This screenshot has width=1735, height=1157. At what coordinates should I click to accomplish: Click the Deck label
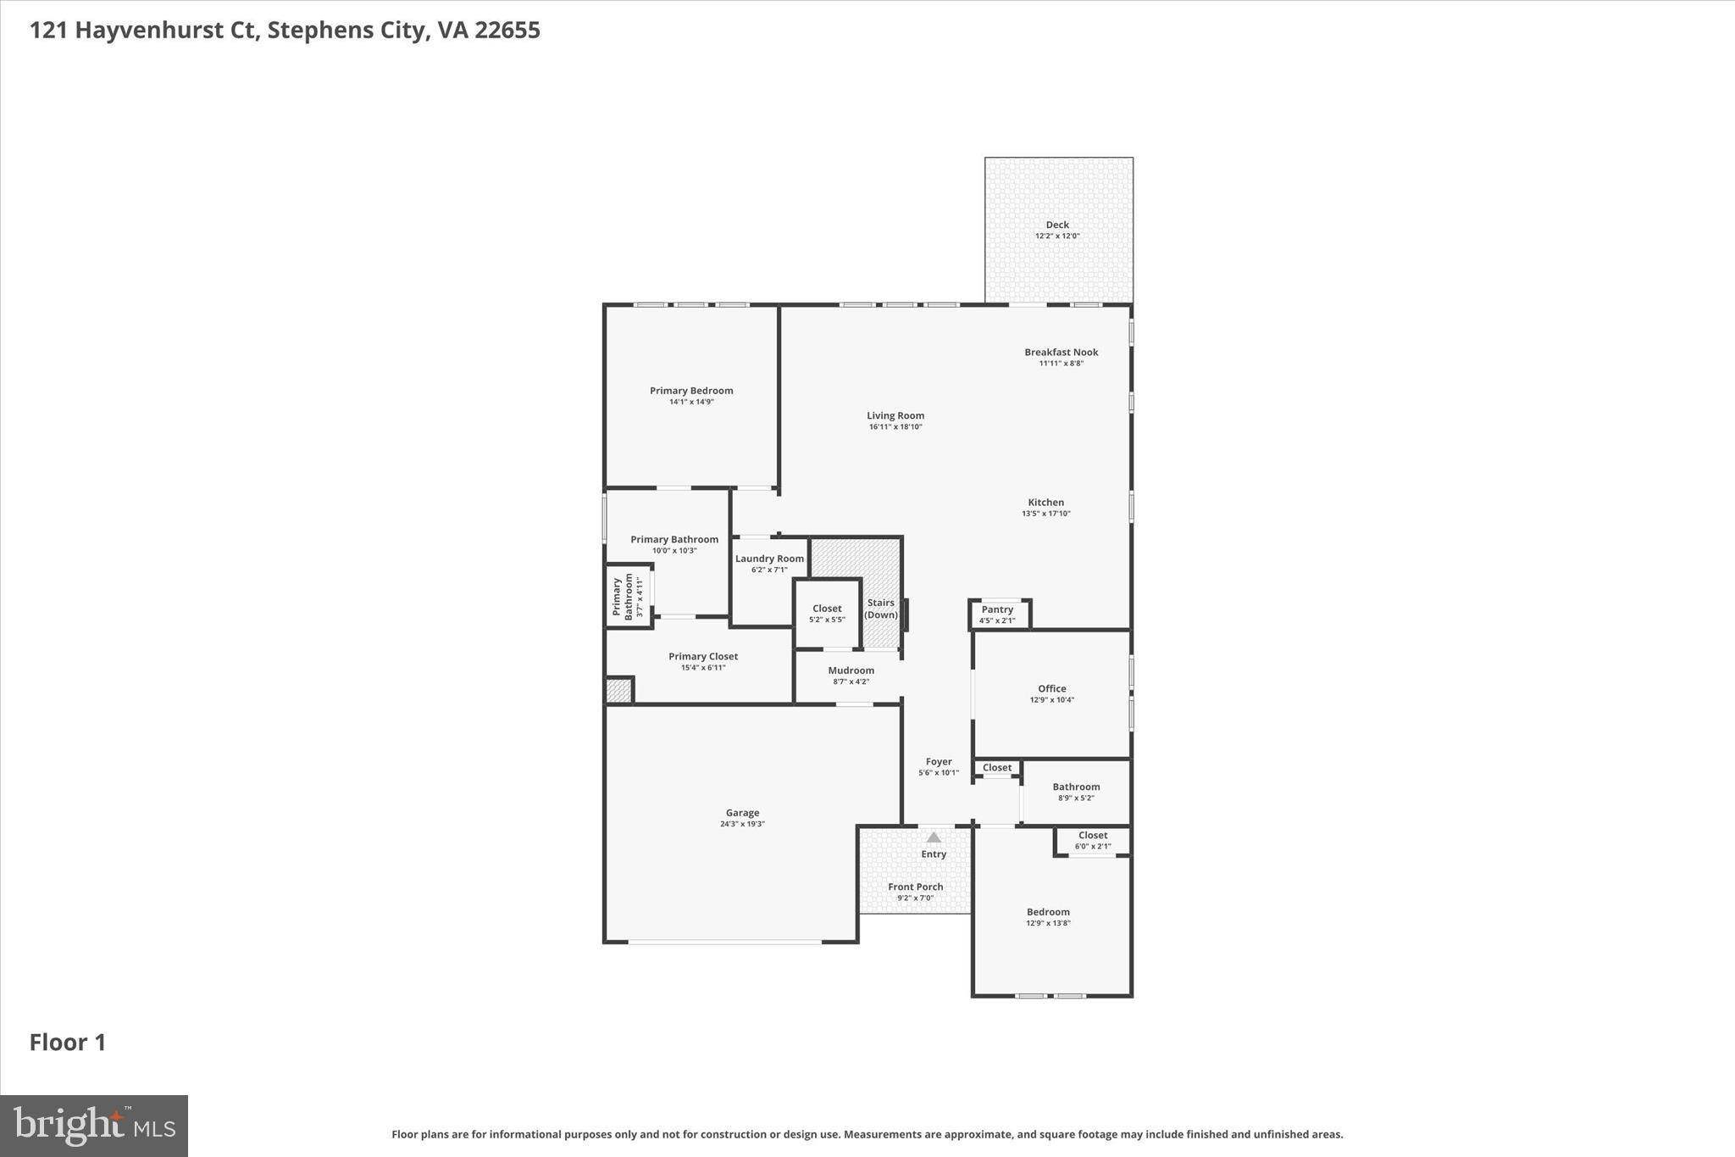(x=1056, y=225)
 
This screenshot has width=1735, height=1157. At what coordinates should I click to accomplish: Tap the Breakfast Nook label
(x=1061, y=352)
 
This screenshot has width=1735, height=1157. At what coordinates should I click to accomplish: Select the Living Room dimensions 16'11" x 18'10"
(x=895, y=427)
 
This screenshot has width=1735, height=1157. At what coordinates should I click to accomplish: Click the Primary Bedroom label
(x=691, y=391)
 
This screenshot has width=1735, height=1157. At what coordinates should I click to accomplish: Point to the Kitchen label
(x=1045, y=502)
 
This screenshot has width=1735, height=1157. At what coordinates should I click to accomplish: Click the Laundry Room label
(x=769, y=559)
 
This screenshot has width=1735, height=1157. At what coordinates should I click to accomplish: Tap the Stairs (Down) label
(x=881, y=609)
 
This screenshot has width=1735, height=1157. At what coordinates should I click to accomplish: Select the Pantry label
(x=997, y=609)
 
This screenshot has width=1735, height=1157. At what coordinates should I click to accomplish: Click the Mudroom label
(x=851, y=670)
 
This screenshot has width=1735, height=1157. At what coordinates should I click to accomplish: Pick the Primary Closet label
(x=703, y=656)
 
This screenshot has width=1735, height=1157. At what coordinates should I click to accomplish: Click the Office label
(x=1051, y=688)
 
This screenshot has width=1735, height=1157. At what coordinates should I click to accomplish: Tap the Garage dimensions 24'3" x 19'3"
(x=742, y=824)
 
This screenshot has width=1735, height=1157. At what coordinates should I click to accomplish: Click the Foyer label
(x=938, y=761)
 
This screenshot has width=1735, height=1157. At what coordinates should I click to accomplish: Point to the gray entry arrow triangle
(x=933, y=837)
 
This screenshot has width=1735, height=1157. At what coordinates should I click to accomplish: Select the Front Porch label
(x=915, y=887)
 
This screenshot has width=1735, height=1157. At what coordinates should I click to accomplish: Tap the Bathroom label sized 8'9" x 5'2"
(x=1076, y=787)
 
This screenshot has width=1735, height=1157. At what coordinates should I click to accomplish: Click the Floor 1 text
(x=68, y=1043)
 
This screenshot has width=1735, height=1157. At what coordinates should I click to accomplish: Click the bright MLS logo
(x=94, y=1126)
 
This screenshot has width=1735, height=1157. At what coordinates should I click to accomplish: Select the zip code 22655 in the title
(x=507, y=31)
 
